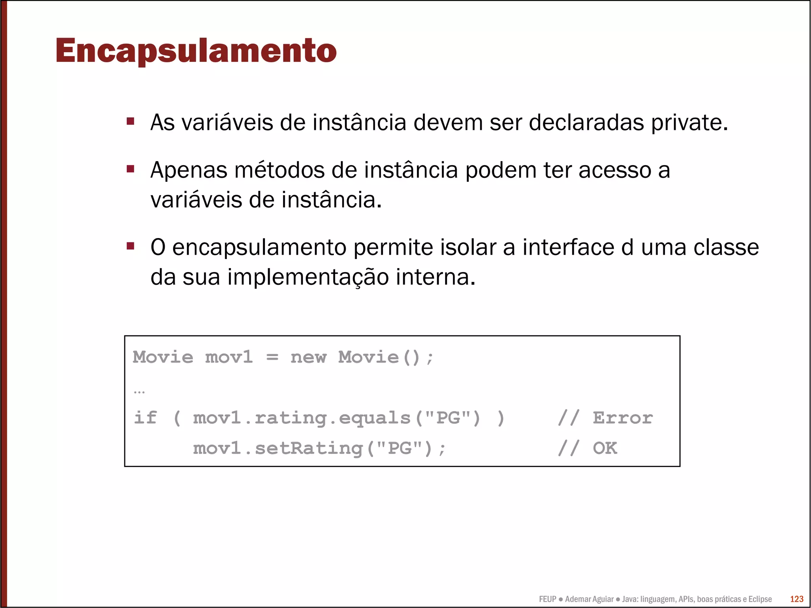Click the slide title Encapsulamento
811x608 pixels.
pyautogui.click(x=196, y=51)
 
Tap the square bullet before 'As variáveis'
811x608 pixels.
pyautogui.click(x=130, y=121)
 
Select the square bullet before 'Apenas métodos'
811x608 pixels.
pyautogui.click(x=130, y=169)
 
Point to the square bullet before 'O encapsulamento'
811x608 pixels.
pyautogui.click(x=130, y=246)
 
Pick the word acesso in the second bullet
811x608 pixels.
pyautogui.click(x=615, y=170)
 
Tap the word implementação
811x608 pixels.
pyautogui.click(x=308, y=277)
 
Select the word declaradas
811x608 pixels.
pyautogui.click(x=586, y=122)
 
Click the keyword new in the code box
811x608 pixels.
pyautogui.click(x=308, y=357)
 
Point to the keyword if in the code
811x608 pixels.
pyautogui.click(x=145, y=418)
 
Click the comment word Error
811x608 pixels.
pyautogui.click(x=623, y=418)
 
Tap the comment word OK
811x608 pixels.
pyautogui.click(x=605, y=448)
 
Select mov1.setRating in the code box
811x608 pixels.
pyautogui.click(x=278, y=448)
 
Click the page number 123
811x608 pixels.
pyautogui.click(x=796, y=599)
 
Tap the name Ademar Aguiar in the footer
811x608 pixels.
pyautogui.click(x=589, y=599)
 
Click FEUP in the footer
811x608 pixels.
pyautogui.click(x=547, y=599)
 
